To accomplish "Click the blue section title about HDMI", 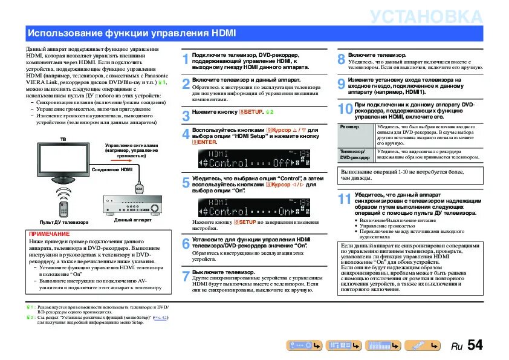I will click(x=106, y=32).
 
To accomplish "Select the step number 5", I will click(x=186, y=184).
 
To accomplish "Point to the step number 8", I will click(x=341, y=59).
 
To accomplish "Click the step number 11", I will click(x=345, y=199).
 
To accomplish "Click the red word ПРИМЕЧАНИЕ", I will click(x=49, y=234).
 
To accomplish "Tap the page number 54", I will click(x=475, y=345).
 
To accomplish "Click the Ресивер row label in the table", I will click(x=349, y=127).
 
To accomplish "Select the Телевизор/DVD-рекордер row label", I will click(x=354, y=154).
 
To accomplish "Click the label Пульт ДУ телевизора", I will click(x=64, y=222).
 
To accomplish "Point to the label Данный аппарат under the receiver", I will click(x=132, y=219).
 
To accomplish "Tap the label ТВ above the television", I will click(x=63, y=139).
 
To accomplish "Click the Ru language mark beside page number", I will click(x=457, y=347).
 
